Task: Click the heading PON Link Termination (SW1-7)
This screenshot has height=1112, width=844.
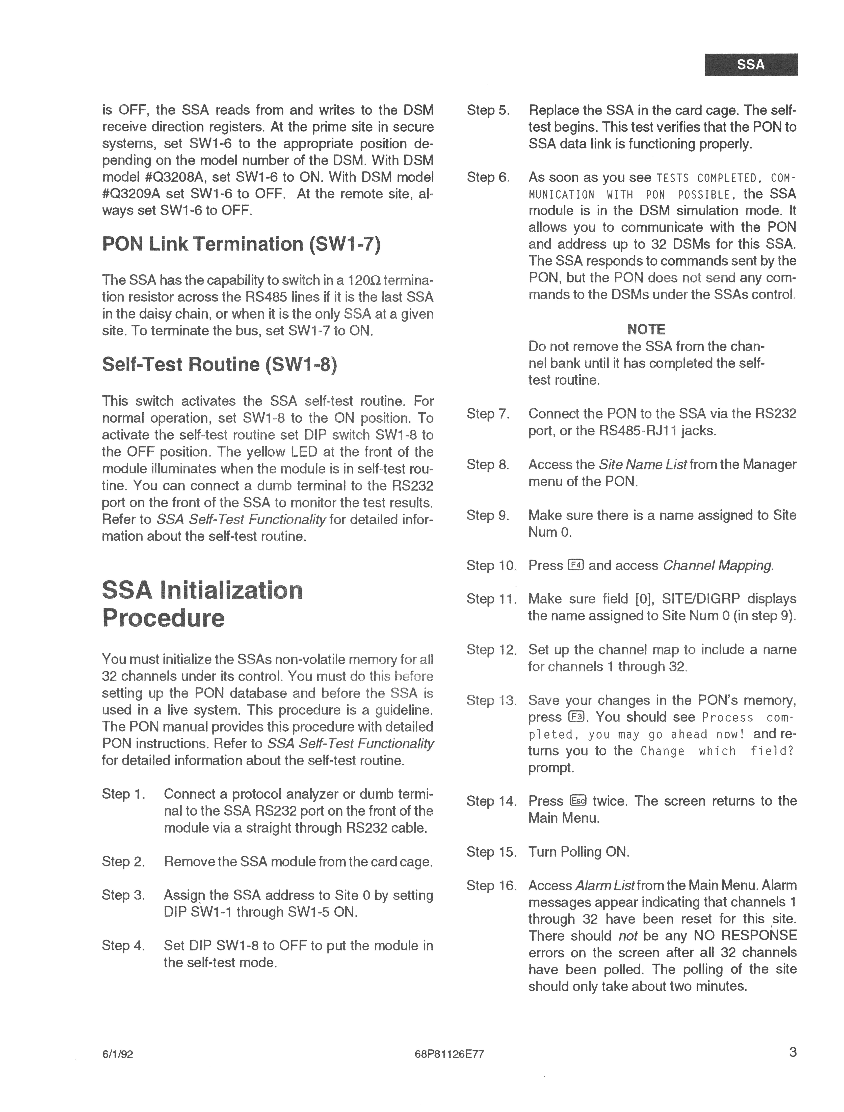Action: [241, 244]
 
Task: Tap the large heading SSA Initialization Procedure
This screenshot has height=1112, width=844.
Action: [202, 604]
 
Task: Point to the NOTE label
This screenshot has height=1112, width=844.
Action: [646, 329]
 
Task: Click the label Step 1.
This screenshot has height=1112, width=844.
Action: [123, 794]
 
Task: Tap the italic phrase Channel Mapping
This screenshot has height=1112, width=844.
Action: [718, 566]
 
